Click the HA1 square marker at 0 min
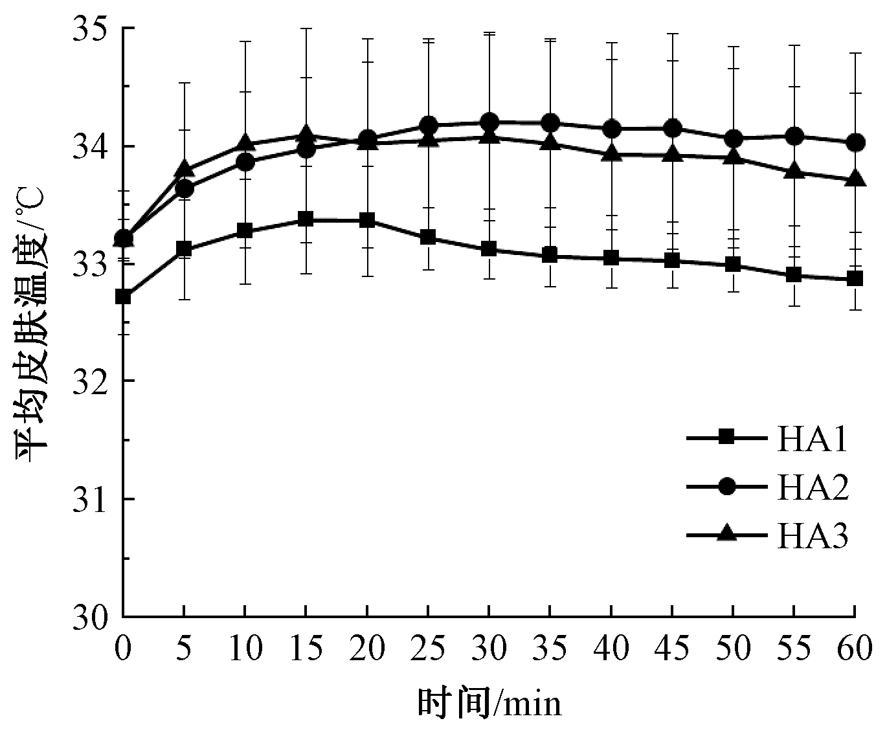coord(123,297)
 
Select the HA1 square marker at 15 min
coord(306,219)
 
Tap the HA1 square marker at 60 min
coord(856,279)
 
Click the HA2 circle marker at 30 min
coord(489,122)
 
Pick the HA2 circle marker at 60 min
coord(856,142)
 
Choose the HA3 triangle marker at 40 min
coord(611,154)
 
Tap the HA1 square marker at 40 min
coord(611,258)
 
